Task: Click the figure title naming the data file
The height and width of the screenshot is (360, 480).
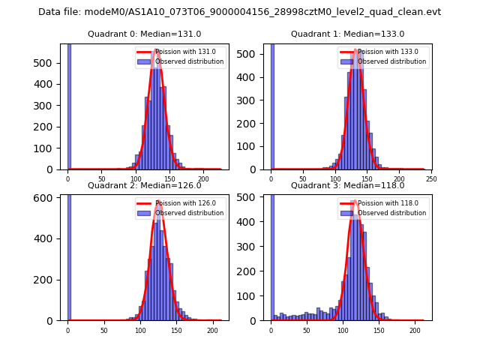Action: tap(239, 12)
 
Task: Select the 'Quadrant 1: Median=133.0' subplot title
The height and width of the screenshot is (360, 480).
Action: tap(347, 34)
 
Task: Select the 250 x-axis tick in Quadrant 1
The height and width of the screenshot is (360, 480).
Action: tap(431, 179)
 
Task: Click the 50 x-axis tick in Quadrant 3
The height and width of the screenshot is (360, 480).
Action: tap(307, 330)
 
